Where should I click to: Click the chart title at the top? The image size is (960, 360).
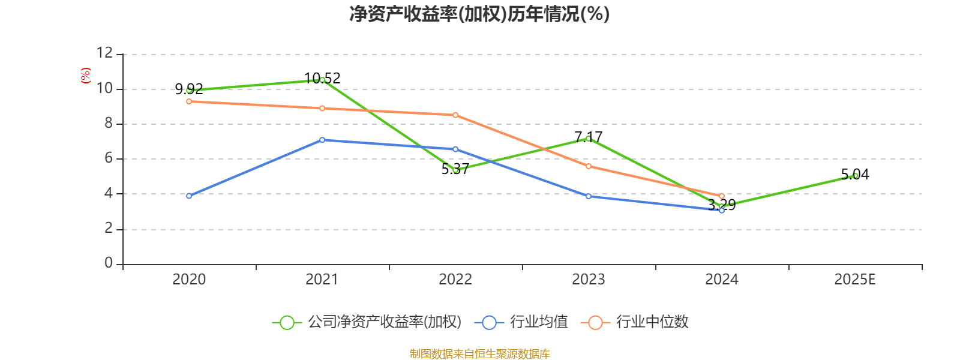tap(479, 14)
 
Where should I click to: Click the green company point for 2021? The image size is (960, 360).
tap(322, 80)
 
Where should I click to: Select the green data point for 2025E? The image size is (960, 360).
tap(855, 176)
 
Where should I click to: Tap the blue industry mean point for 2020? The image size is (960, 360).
tap(189, 196)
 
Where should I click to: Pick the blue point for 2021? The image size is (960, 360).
tap(322, 140)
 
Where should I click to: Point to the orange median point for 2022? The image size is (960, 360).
tap(455, 115)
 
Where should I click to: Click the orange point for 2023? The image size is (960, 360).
tap(589, 166)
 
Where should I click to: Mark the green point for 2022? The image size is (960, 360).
tap(455, 170)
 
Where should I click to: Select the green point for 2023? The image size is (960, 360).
tap(589, 139)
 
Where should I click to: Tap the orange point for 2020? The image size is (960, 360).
tap(189, 101)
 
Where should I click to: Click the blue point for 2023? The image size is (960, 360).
tap(589, 196)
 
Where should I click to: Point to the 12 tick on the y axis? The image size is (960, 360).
tap(105, 53)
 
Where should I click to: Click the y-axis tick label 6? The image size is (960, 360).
tap(109, 158)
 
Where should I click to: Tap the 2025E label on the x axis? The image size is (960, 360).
tap(855, 280)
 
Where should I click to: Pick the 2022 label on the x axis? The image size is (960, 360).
tap(455, 280)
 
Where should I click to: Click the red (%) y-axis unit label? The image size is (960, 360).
tap(86, 76)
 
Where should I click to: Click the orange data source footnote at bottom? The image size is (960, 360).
tap(479, 354)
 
